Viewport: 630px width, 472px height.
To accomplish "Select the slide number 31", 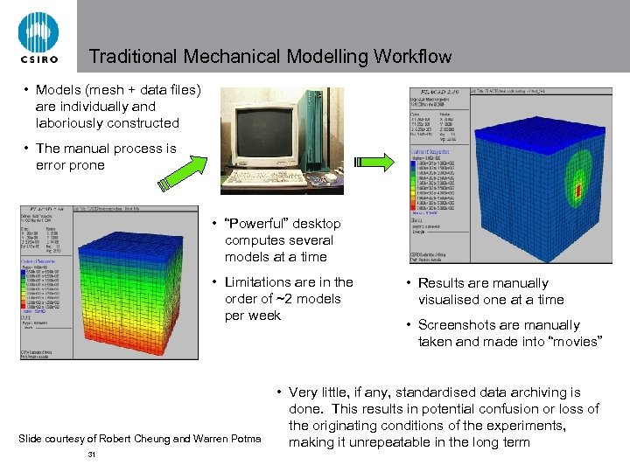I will [93, 455].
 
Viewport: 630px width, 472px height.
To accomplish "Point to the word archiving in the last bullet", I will [533, 392].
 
